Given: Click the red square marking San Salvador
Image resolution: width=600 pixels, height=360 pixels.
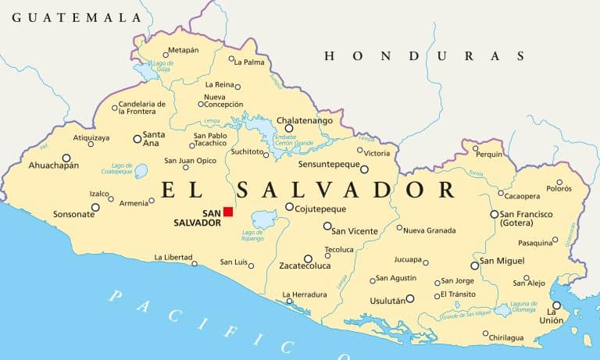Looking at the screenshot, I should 228,212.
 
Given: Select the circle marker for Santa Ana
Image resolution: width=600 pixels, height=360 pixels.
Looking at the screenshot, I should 137,139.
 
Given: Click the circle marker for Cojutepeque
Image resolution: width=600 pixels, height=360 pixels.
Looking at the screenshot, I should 289,207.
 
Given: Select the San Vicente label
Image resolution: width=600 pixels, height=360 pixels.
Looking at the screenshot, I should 355,231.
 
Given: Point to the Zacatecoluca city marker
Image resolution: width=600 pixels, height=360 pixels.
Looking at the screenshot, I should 308,258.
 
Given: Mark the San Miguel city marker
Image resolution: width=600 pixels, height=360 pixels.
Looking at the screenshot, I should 474,266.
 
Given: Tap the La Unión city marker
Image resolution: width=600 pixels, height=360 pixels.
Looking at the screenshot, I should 556,305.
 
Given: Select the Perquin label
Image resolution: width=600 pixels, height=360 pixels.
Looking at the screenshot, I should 490,154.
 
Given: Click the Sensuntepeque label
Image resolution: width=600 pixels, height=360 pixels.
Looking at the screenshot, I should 329,165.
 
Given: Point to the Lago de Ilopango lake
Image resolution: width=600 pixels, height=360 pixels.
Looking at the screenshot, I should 264,219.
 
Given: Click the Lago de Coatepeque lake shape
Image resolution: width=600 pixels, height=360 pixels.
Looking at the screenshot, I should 141,170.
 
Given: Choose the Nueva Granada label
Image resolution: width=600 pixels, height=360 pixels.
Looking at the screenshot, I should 430,229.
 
